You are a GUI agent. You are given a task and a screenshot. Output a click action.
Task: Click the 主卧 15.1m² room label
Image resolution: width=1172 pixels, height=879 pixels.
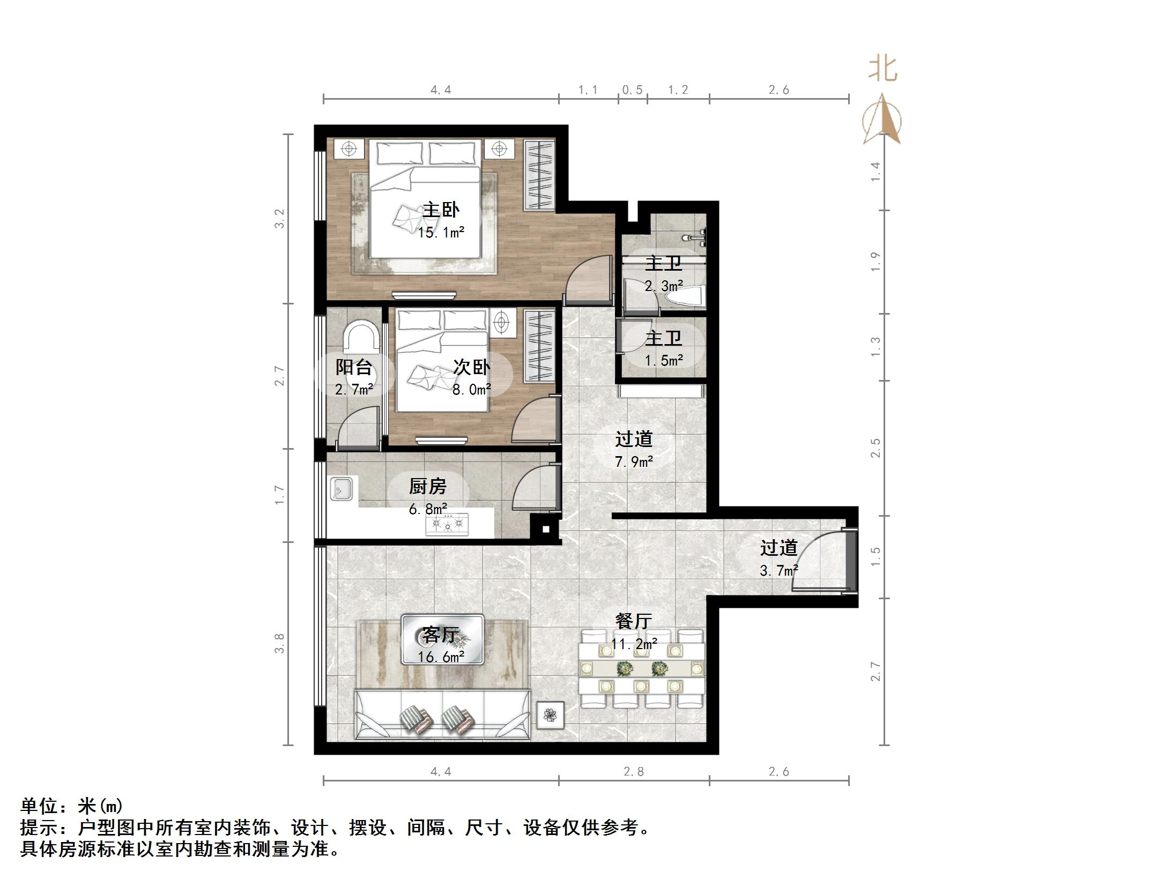(441, 220)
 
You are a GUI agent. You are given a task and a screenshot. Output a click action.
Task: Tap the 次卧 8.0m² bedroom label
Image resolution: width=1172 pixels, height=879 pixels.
(471, 377)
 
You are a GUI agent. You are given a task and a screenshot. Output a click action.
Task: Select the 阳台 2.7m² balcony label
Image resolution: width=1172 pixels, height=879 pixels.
(353, 377)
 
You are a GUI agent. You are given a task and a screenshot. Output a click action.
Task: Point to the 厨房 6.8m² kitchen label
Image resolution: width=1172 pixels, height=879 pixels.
(427, 496)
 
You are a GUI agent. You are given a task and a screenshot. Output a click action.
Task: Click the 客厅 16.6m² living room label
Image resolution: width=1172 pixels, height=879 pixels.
(441, 645)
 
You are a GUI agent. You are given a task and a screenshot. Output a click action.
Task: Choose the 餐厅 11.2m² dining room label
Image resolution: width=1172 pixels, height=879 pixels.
(633, 631)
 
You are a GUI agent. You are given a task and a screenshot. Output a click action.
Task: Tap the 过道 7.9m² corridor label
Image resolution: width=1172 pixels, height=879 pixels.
(633, 449)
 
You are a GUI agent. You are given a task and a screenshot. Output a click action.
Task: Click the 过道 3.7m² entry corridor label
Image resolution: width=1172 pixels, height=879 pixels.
(778, 558)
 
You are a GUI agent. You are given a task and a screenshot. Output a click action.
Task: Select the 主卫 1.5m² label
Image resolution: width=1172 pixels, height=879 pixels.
(663, 348)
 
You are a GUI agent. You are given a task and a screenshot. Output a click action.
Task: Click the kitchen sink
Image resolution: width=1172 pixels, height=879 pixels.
(341, 489)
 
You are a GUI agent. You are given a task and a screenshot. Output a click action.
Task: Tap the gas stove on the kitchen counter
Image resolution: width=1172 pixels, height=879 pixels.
(447, 524)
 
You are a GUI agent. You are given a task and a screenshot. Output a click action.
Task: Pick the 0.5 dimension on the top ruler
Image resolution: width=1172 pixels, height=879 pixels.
(632, 90)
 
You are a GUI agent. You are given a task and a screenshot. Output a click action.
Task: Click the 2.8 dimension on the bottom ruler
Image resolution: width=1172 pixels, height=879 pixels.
(633, 771)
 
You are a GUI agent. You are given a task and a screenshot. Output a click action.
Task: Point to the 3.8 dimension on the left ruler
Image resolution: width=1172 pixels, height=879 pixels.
(279, 643)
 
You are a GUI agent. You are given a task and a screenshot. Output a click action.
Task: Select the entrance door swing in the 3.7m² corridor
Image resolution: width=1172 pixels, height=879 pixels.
(818, 560)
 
